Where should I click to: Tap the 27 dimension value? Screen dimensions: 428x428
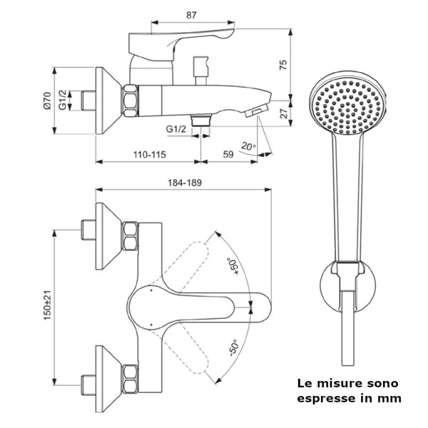[283, 112]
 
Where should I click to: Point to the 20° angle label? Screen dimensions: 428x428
[248, 147]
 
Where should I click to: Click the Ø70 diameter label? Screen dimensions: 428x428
[46, 100]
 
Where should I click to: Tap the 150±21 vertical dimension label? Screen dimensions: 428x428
[47, 303]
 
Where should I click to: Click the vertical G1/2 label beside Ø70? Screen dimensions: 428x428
[63, 100]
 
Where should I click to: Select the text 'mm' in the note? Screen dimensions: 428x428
[389, 399]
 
